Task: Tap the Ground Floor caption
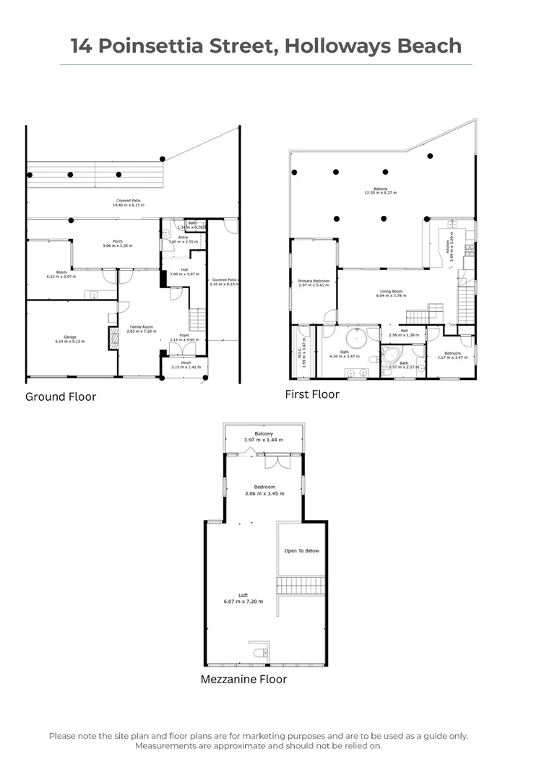click(x=61, y=396)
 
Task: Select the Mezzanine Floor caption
click(x=243, y=679)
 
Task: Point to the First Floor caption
click(x=312, y=394)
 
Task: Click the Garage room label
click(x=70, y=338)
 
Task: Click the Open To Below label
click(x=301, y=551)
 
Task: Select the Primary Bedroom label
click(x=314, y=281)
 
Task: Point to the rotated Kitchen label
click(x=449, y=246)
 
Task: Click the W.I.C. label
click(x=303, y=354)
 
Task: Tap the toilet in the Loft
click(x=259, y=653)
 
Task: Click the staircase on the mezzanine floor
click(x=301, y=585)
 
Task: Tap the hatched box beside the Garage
click(x=113, y=339)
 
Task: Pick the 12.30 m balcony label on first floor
click(x=381, y=191)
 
